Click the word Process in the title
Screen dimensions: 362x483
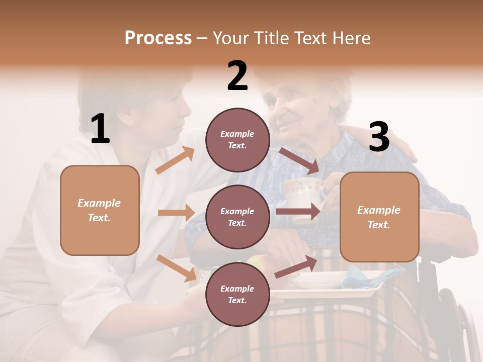click(x=158, y=38)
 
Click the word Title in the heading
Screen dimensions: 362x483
click(x=272, y=38)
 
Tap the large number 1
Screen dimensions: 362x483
click(x=100, y=129)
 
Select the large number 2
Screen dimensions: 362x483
click(x=237, y=76)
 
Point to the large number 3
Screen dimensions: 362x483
click(x=379, y=137)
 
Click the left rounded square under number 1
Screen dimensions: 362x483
click(x=100, y=210)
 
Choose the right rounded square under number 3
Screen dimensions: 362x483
click(x=379, y=217)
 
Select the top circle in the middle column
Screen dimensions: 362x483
click(x=237, y=139)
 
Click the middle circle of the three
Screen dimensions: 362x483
click(x=237, y=217)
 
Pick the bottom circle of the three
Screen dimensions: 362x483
click(x=237, y=294)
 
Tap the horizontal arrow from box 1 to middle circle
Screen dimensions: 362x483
click(x=176, y=213)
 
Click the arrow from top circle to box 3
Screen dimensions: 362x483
click(x=299, y=160)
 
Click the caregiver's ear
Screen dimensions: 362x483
click(x=128, y=120)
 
